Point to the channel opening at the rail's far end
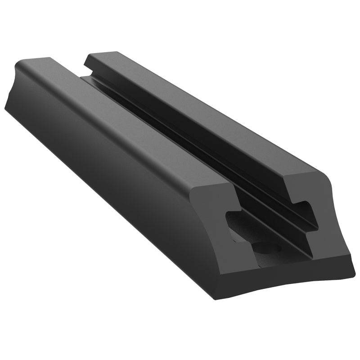point(83,74)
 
